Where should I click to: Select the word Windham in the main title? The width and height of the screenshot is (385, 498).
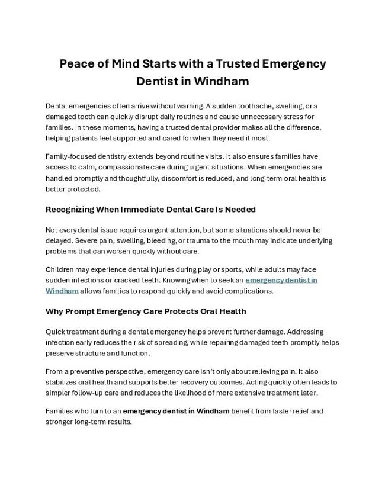pyautogui.click(x=219, y=81)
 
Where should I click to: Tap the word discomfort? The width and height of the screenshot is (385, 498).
pyautogui.click(x=187, y=178)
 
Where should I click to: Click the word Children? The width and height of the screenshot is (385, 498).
pyautogui.click(x=62, y=269)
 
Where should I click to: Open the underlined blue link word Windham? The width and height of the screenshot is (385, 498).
pyautogui.click(x=62, y=291)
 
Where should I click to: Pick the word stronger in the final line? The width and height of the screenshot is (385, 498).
pyautogui.click(x=60, y=422)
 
